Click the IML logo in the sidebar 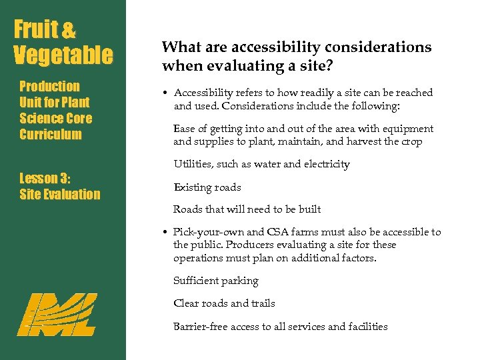click(57, 314)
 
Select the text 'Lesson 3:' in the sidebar click(45, 178)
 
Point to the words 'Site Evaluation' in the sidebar click(60, 195)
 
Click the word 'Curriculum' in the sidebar click(51, 134)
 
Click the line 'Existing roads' click(207, 187)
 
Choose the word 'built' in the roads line click(309, 209)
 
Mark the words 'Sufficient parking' click(216, 281)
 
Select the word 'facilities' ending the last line click(367, 327)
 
